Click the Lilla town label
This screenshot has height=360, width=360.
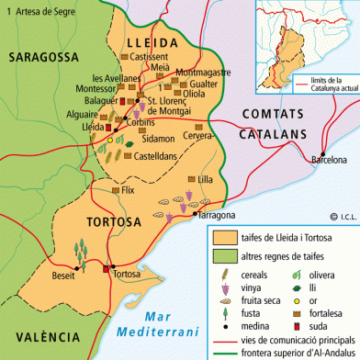click(207, 180)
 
